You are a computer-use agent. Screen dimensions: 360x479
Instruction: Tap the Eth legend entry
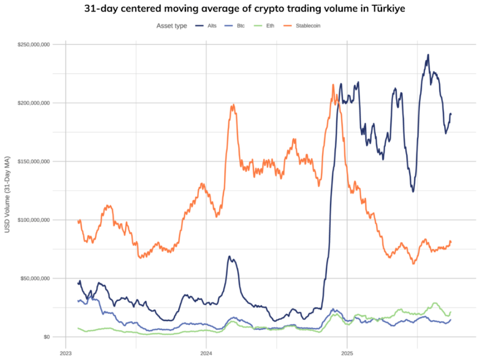(x=270, y=26)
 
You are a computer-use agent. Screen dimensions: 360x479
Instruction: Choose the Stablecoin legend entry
(x=308, y=26)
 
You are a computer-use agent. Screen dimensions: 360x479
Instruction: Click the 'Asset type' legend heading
(x=172, y=26)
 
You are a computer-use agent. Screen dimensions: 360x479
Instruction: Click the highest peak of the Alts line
(x=428, y=55)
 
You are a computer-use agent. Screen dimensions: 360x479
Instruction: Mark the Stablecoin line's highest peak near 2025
(x=333, y=84)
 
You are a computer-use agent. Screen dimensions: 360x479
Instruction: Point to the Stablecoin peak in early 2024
(x=233, y=105)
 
